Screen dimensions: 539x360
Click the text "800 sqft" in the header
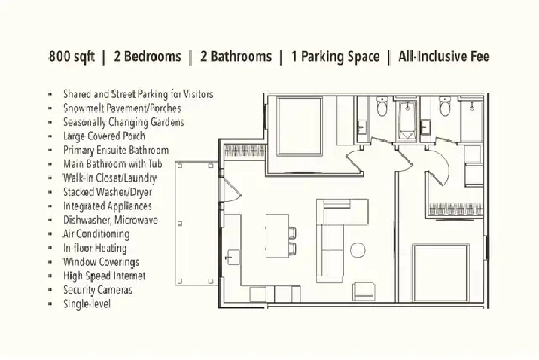point(72,56)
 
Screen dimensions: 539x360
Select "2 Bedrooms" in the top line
point(147,56)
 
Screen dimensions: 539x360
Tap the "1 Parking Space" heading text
point(335,57)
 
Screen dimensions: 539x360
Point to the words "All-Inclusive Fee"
point(443,56)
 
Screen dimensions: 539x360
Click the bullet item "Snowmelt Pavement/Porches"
point(122,108)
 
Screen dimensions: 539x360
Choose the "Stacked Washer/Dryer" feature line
point(107,192)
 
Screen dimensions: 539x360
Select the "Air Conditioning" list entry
point(96,233)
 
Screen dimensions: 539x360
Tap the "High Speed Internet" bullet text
point(104,276)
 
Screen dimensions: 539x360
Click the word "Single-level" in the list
point(87,304)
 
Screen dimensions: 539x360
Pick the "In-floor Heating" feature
point(95,248)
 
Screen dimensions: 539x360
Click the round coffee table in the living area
point(358,250)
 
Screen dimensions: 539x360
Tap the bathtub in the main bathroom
point(407,120)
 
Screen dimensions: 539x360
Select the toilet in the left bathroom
point(382,107)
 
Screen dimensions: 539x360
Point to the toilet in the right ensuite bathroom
point(445,107)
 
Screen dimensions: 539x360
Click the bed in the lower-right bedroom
point(441,273)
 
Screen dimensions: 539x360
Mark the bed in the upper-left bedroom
point(300,127)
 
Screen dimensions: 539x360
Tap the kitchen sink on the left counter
point(234,257)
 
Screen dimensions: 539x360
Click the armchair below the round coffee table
point(364,291)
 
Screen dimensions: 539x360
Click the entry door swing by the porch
point(233,190)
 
